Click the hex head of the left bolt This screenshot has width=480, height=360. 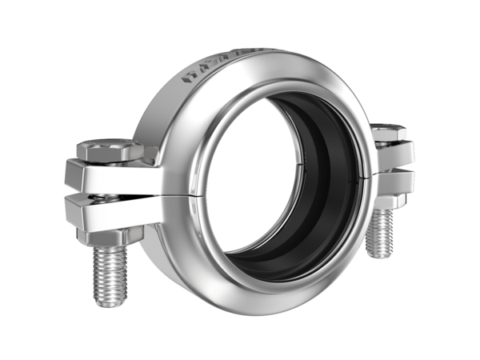(108, 150)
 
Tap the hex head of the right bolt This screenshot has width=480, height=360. (390, 131)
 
